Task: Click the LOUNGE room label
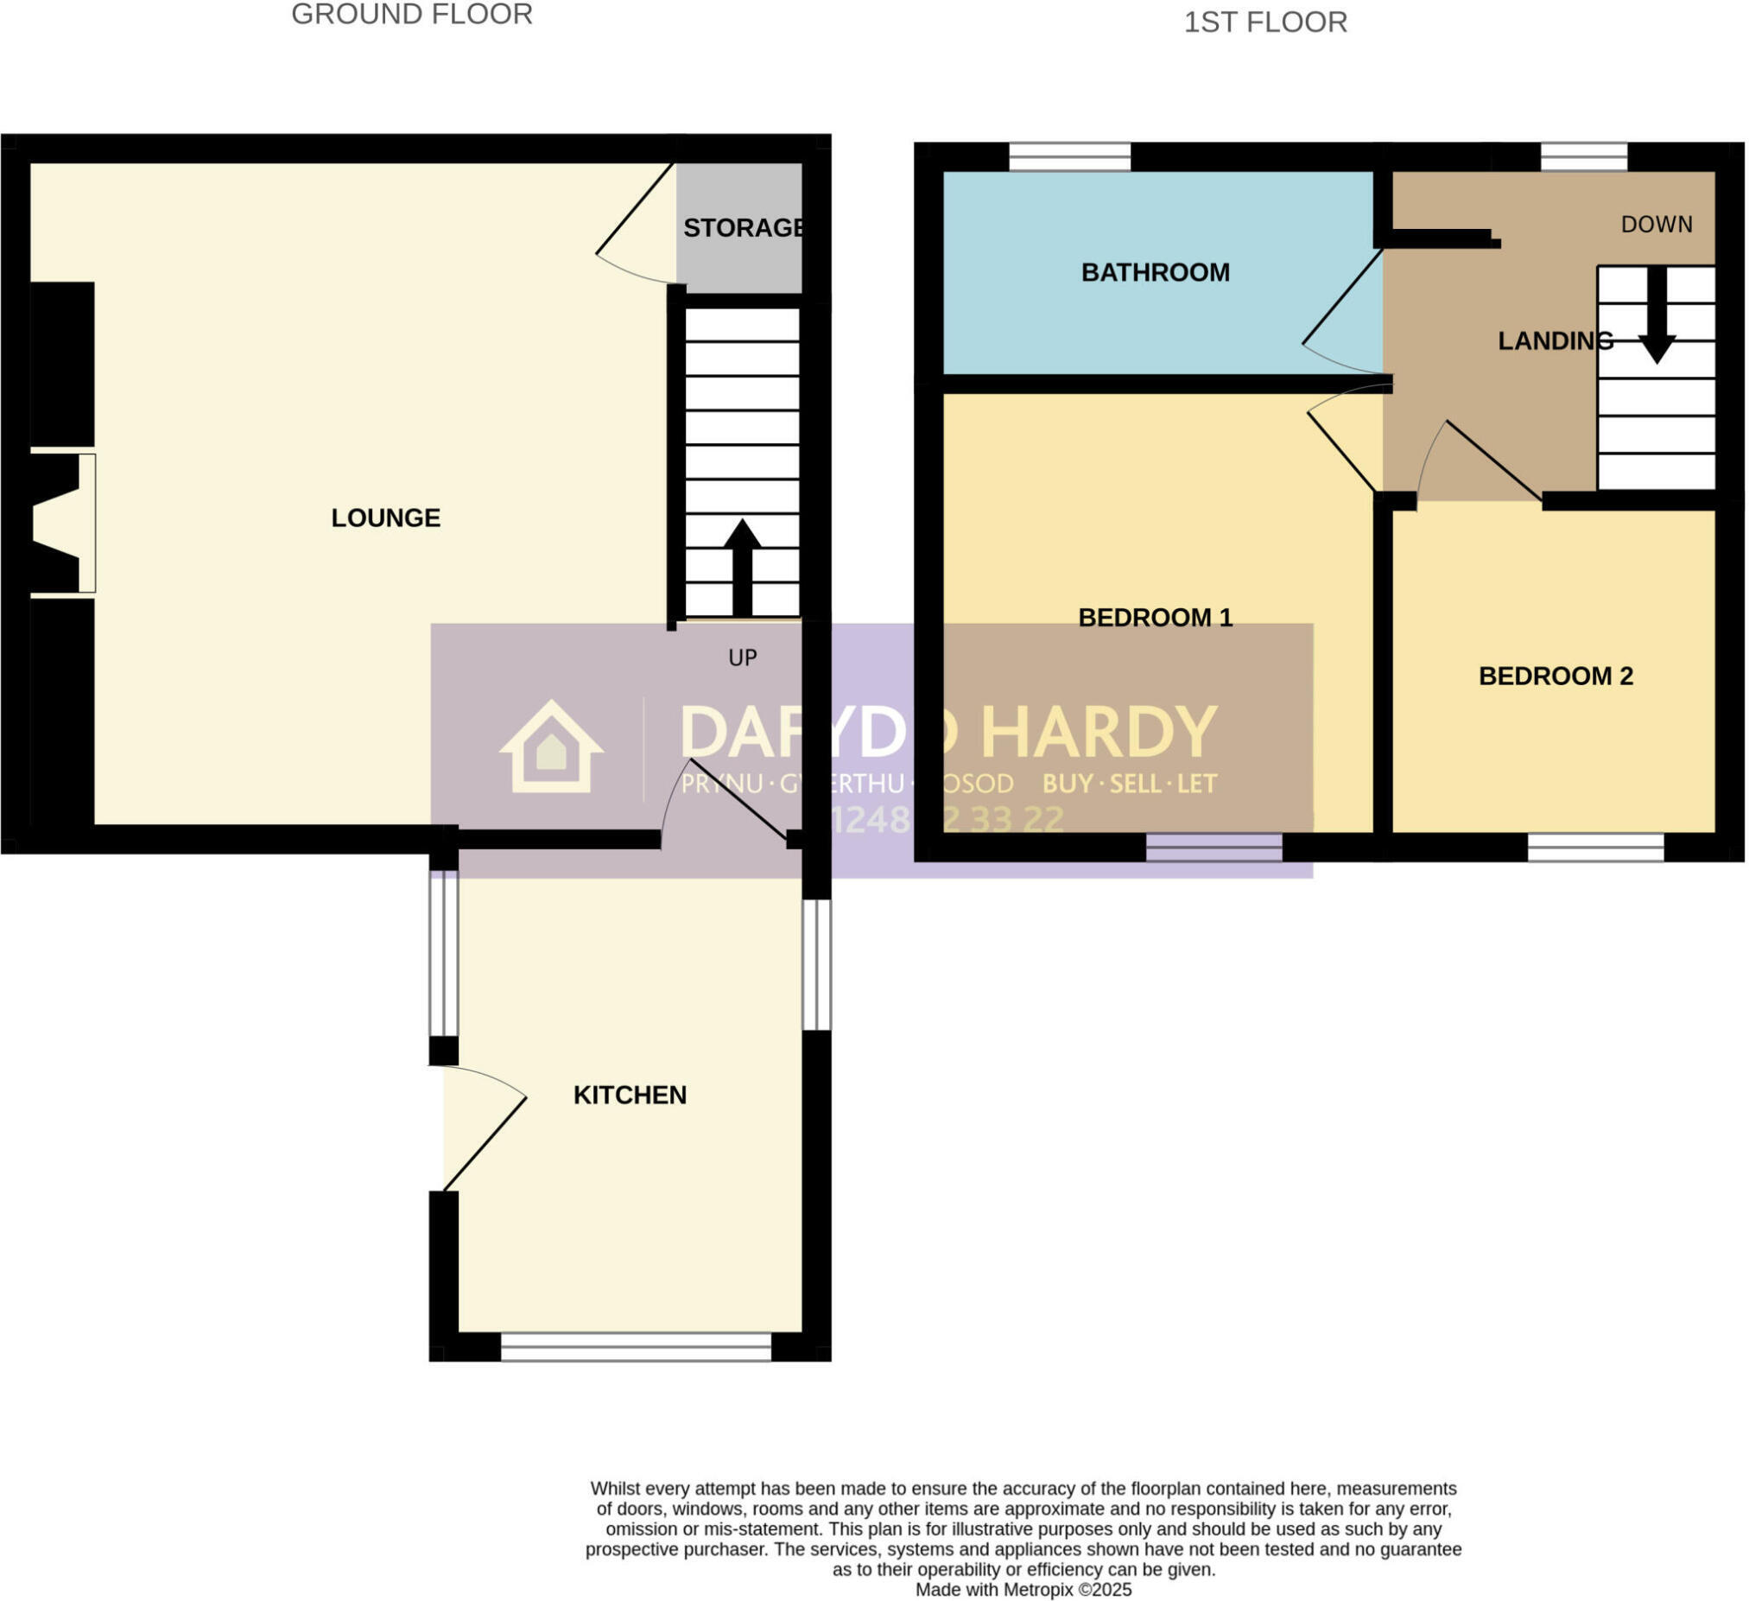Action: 386,518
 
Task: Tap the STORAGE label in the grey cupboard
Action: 744,228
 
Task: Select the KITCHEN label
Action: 631,1096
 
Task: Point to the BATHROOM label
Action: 1156,272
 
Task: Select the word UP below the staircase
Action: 744,658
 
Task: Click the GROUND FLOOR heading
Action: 412,15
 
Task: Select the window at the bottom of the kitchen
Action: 637,1348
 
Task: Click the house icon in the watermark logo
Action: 552,748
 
